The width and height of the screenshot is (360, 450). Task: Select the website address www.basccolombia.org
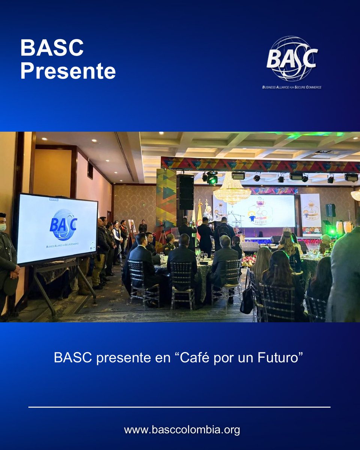(182, 430)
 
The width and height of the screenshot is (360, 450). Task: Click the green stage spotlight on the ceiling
(212, 179)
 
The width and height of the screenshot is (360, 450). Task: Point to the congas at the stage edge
(343, 227)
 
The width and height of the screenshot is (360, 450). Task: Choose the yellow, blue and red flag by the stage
(199, 217)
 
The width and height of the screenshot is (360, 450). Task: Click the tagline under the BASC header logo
(292, 87)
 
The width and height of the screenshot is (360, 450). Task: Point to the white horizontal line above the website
(179, 407)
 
